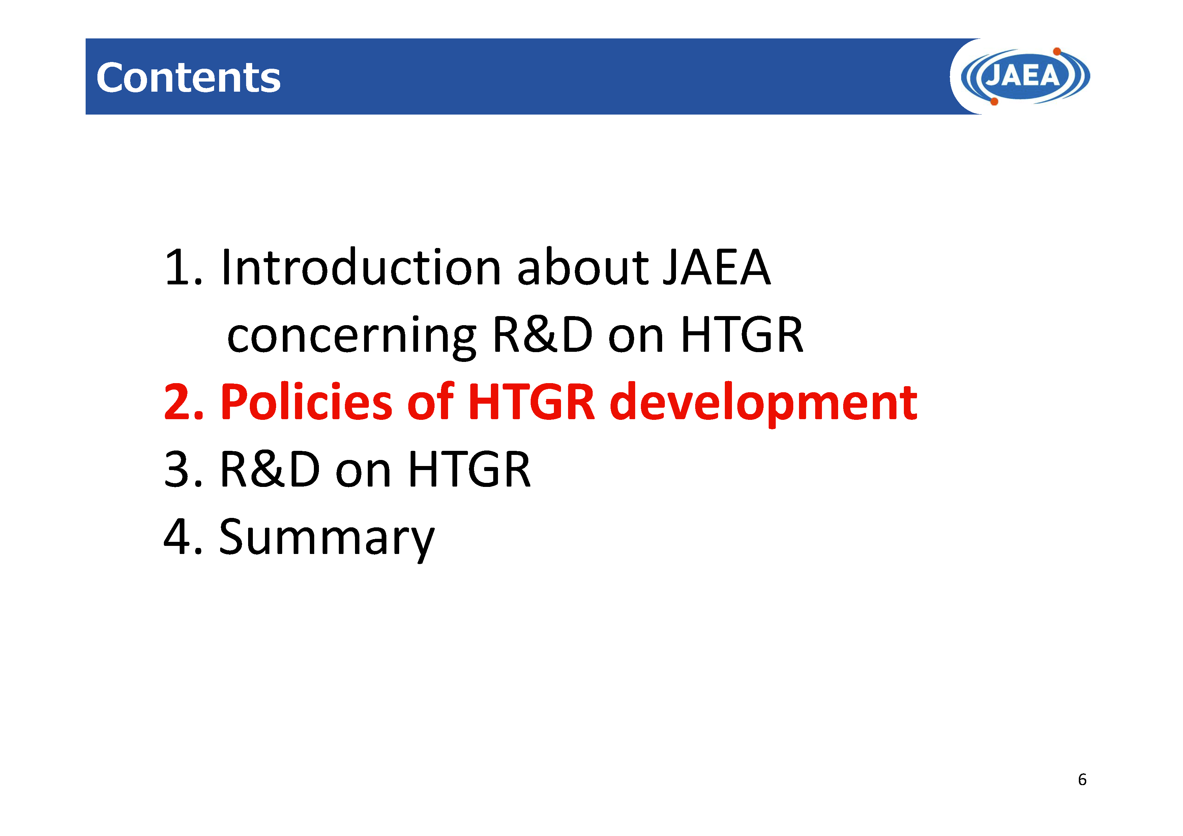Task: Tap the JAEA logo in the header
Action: (x=1025, y=76)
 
